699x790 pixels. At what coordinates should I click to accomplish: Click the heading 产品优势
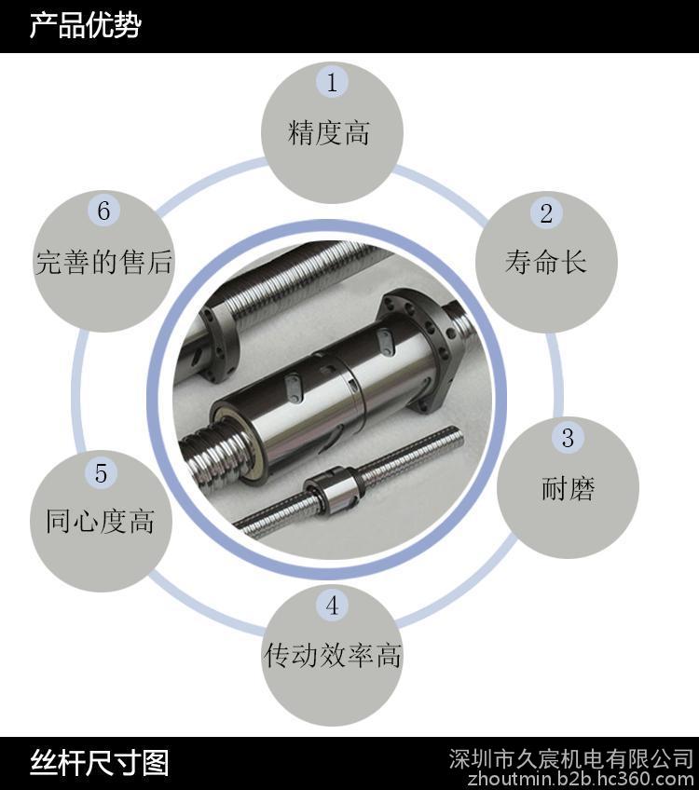[x=85, y=26]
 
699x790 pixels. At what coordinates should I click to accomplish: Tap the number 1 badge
[x=332, y=82]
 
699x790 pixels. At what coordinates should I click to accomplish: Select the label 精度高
[x=329, y=133]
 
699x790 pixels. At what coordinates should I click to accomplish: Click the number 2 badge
[x=546, y=213]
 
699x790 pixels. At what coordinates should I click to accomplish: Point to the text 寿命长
[x=546, y=262]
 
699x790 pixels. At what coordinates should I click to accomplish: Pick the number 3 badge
[x=568, y=438]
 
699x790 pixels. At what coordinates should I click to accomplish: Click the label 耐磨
[x=568, y=489]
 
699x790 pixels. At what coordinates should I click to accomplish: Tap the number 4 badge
[x=332, y=606]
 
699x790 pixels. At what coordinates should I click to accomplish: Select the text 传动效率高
[x=332, y=656]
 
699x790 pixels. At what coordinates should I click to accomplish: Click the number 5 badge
[x=101, y=473]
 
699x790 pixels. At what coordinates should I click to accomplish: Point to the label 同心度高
[x=101, y=521]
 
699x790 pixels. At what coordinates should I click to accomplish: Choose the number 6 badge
[x=103, y=211]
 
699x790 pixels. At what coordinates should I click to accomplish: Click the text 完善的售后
[x=103, y=262]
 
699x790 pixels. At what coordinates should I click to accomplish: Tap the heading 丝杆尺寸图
[x=100, y=763]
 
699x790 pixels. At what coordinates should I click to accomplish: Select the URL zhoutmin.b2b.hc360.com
[x=582, y=779]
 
